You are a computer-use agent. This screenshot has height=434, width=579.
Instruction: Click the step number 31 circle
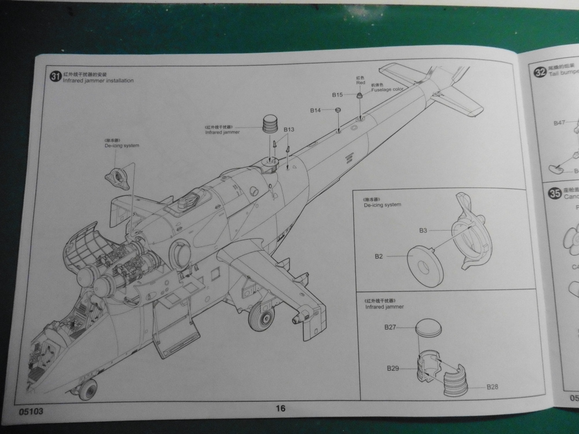(x=55, y=76)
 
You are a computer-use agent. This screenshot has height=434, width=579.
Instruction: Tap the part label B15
(x=338, y=94)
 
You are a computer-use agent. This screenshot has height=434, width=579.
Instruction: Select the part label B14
(x=315, y=110)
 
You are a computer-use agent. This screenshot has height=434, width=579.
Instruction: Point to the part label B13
(x=289, y=130)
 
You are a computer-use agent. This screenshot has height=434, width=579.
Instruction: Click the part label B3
(x=423, y=230)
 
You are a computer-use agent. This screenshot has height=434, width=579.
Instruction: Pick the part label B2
(x=379, y=255)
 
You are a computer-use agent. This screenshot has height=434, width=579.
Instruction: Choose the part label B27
(x=390, y=328)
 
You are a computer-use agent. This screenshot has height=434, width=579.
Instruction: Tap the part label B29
(x=394, y=368)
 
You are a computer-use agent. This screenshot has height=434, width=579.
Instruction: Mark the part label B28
(x=493, y=386)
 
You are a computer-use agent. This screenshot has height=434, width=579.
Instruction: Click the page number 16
(x=280, y=409)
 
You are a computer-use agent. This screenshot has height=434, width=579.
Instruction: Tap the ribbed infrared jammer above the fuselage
(x=270, y=123)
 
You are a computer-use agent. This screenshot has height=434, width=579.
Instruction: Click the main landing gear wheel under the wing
(x=261, y=318)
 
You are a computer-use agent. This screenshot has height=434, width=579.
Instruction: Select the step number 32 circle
(x=538, y=72)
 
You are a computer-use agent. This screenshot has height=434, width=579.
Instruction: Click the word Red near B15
(x=360, y=83)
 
